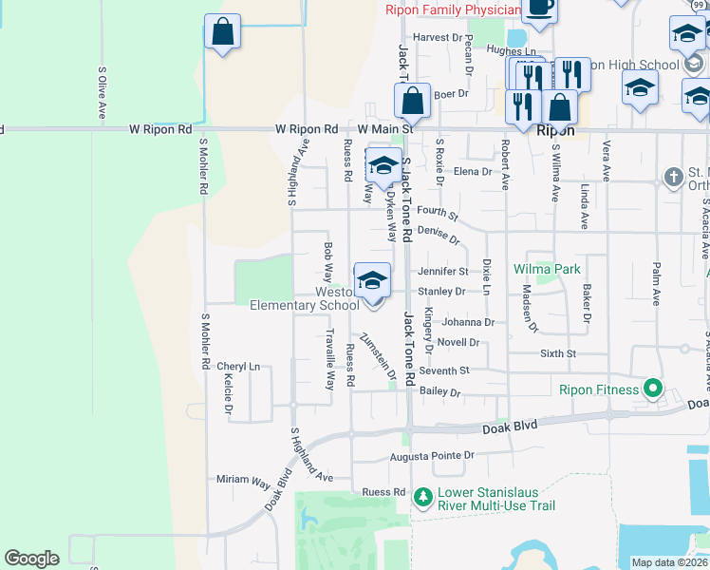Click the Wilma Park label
tap(547, 270)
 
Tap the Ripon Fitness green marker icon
tap(653, 389)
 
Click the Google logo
tap(31, 559)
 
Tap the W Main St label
tap(385, 128)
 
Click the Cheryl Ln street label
tap(237, 366)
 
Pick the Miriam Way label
tap(243, 481)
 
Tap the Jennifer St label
tap(442, 272)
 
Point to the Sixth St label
tap(558, 353)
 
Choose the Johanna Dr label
tap(468, 322)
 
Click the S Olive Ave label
tap(102, 93)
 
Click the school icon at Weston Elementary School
tap(373, 281)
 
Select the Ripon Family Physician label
tap(454, 10)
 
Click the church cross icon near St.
tap(673, 177)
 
